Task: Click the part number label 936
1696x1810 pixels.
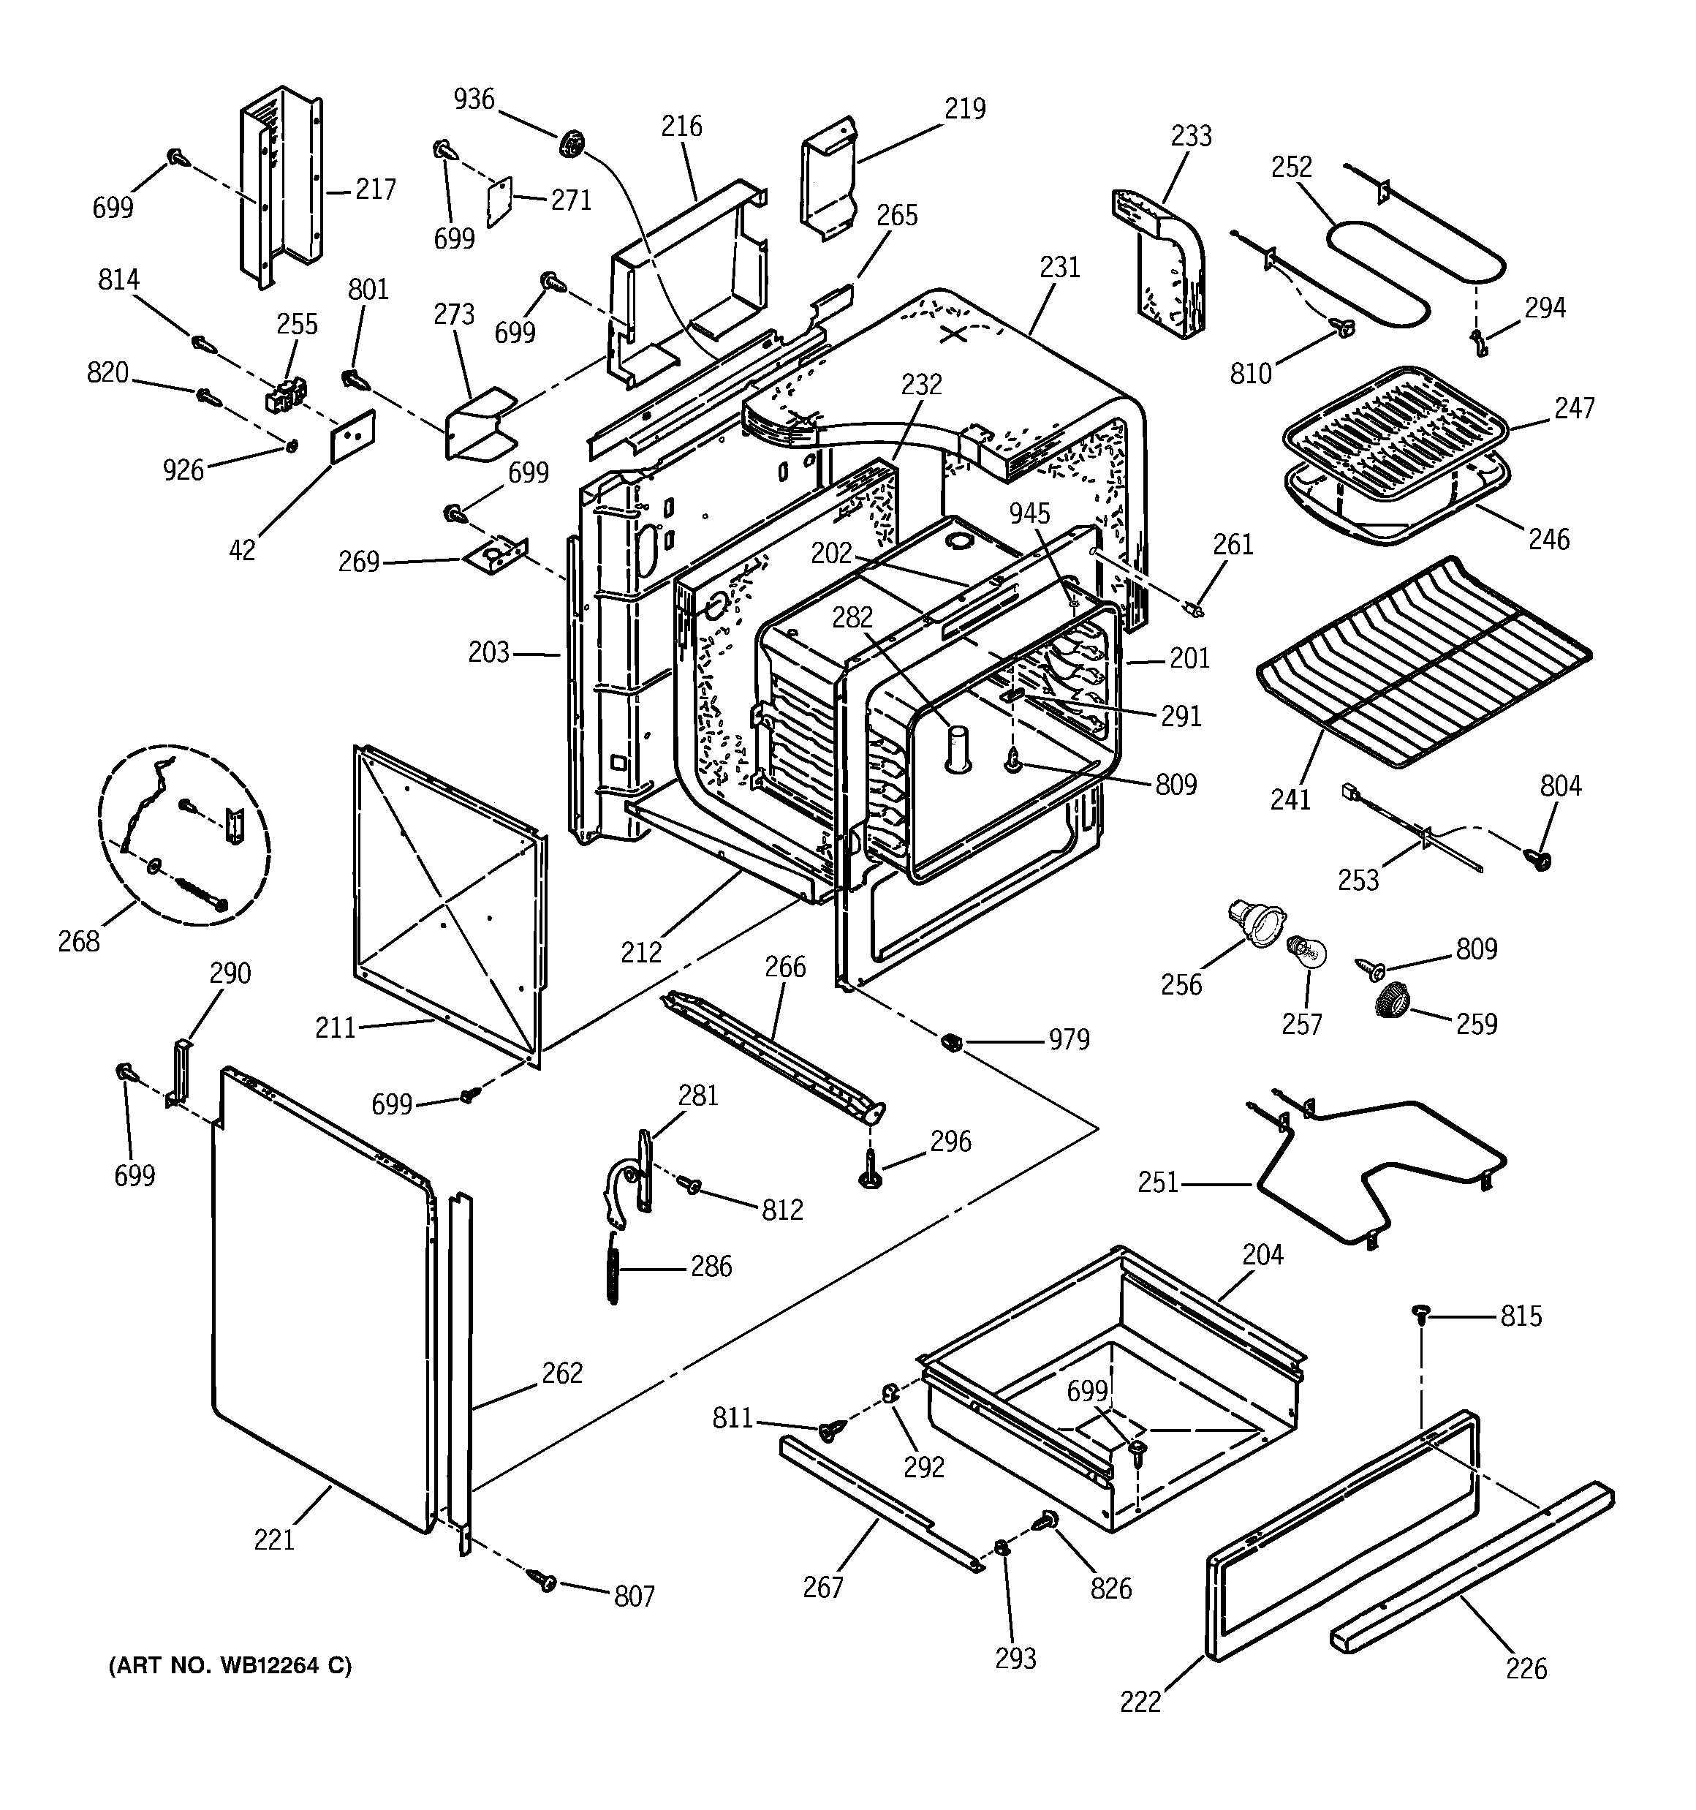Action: pyautogui.click(x=474, y=99)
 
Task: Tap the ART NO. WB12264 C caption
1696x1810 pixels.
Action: pyautogui.click(x=230, y=1666)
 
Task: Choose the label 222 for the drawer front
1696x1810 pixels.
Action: pyautogui.click(x=1140, y=1702)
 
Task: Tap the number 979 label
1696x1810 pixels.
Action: pyautogui.click(x=1069, y=1040)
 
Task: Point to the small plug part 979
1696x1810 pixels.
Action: pyautogui.click(x=951, y=1041)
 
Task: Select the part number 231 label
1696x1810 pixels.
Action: pyautogui.click(x=1060, y=268)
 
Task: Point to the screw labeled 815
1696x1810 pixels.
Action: pyautogui.click(x=1419, y=1312)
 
